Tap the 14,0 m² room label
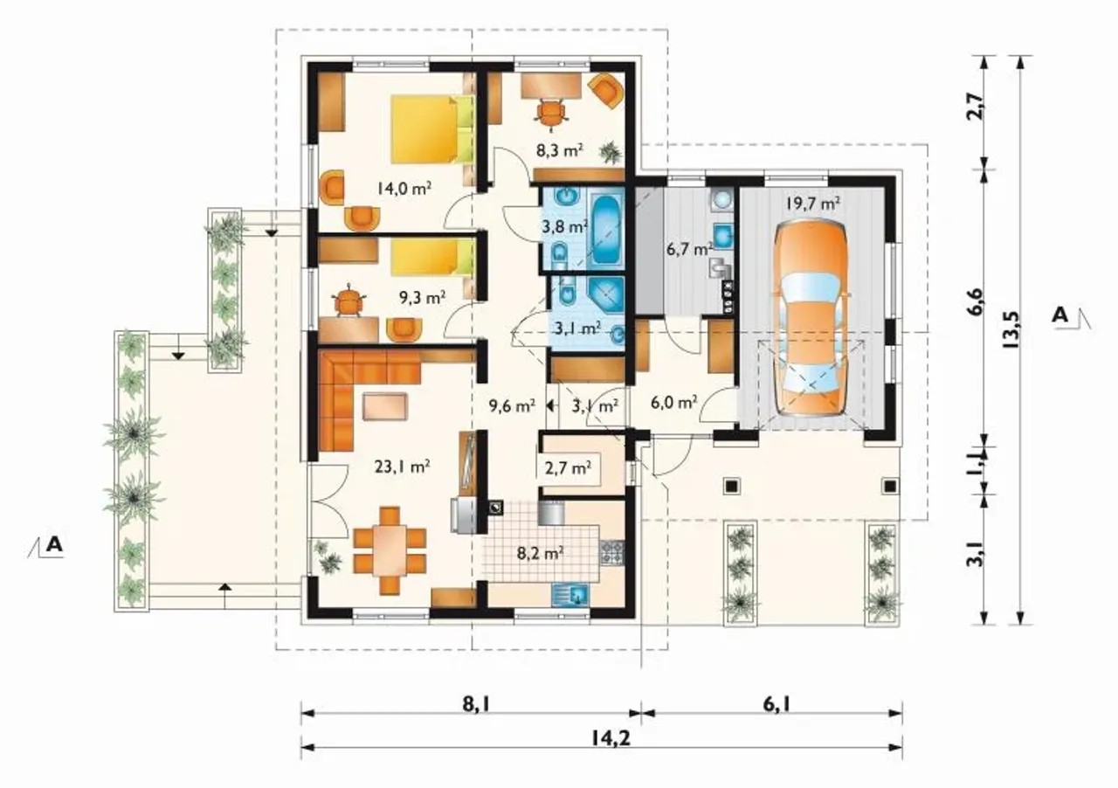click(404, 189)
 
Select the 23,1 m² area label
click(403, 467)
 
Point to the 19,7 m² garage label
click(812, 204)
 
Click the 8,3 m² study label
click(560, 149)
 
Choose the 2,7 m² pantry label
click(568, 468)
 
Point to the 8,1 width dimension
click(477, 704)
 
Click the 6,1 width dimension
click(776, 704)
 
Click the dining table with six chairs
click(390, 550)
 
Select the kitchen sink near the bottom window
click(571, 595)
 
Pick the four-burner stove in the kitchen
click(612, 552)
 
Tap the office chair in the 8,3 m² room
click(551, 114)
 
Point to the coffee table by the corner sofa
click(385, 406)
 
